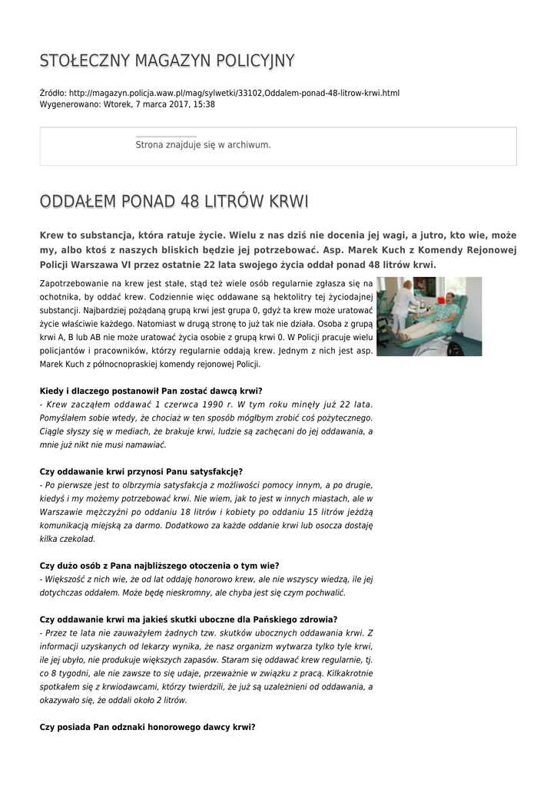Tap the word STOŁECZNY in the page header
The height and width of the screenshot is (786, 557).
tap(83, 61)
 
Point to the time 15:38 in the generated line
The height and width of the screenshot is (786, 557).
tap(204, 104)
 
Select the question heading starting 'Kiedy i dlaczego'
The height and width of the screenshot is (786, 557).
tap(151, 391)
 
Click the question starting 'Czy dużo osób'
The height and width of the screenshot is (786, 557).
tap(159, 566)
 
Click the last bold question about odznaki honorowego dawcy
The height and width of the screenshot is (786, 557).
tap(147, 727)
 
